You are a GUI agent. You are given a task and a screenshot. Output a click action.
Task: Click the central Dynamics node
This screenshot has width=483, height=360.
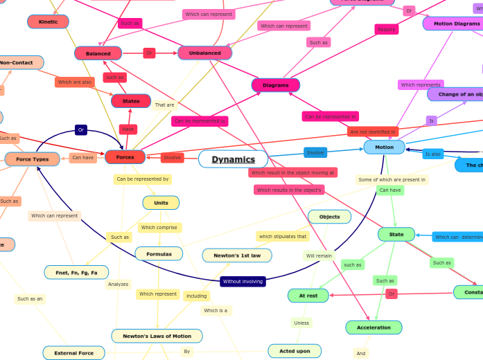233,159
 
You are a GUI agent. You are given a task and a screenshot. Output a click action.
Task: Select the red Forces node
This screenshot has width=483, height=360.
125,157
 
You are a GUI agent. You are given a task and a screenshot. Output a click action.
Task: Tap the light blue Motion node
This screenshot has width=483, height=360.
384,147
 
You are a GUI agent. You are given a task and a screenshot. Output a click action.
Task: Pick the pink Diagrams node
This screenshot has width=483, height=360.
275,85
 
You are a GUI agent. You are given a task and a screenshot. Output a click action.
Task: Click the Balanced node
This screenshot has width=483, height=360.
98,53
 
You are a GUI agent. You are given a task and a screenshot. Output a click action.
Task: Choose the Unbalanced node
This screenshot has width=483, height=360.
204,53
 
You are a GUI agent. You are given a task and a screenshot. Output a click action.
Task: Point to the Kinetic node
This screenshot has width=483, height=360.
48,21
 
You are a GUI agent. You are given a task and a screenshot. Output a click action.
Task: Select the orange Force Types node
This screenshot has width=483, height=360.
32,159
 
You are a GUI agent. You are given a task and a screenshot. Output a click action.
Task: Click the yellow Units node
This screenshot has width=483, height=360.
161,203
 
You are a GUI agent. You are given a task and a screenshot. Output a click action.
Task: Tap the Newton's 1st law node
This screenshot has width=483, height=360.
237,255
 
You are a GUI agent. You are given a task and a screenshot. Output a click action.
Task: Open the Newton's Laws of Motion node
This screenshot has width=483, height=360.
157,336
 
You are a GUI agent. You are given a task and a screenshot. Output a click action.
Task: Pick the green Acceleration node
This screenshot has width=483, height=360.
374,327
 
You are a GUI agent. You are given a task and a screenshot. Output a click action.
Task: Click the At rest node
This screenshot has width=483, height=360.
308,296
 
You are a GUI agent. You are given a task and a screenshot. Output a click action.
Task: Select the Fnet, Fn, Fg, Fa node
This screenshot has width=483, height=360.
76,273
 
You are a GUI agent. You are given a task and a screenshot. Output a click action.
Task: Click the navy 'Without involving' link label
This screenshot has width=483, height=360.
243,281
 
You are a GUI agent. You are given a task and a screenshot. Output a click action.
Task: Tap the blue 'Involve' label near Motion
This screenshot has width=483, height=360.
315,152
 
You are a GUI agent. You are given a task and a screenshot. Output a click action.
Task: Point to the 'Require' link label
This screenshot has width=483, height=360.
386,30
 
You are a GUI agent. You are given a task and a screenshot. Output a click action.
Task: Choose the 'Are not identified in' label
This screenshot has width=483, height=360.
373,132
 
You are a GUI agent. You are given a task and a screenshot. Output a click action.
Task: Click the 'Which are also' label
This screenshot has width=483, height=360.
75,82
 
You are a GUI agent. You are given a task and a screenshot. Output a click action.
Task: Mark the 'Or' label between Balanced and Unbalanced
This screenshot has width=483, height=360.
149,53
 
